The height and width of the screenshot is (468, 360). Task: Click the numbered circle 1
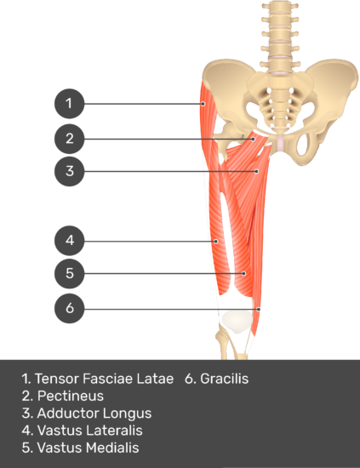coord(69,104)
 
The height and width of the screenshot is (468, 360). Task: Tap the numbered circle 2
coord(69,139)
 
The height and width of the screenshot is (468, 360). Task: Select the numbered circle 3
coord(69,171)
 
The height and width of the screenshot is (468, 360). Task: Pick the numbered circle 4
coord(69,241)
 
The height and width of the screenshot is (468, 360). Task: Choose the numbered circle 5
coord(69,273)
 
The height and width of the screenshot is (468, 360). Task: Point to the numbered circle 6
coord(69,308)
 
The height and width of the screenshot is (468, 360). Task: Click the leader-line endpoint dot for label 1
coord(203,104)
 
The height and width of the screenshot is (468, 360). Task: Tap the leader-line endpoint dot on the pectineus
coord(253,139)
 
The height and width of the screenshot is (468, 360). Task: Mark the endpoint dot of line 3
coord(257,171)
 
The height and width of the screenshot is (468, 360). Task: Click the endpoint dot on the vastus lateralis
coord(216,241)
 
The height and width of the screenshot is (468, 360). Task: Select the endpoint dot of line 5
coord(244,273)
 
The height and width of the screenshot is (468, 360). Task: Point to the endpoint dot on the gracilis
coord(259,309)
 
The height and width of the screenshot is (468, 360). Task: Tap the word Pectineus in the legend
coord(71,396)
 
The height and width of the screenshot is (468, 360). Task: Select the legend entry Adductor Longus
coord(94,414)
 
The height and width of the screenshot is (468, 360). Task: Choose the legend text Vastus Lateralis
coord(90,431)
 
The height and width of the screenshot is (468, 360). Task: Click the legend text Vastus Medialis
coord(88,448)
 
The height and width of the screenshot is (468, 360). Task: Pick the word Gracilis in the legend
coord(224,379)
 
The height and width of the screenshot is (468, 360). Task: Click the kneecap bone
coord(237,321)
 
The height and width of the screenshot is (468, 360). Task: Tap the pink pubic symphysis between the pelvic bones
coord(281,143)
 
